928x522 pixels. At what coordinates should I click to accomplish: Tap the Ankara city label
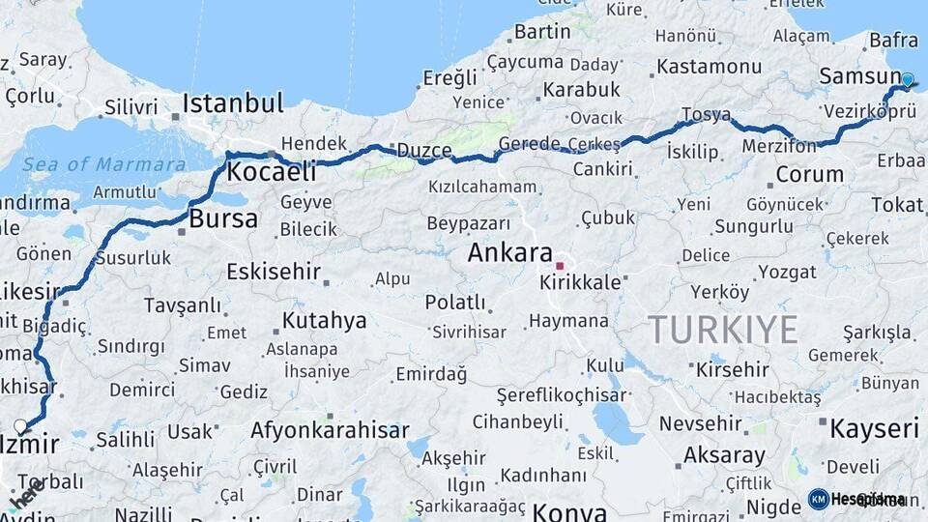(509, 253)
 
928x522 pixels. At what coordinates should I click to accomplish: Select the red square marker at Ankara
(559, 264)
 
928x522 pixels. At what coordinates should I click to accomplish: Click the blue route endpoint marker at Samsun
(908, 80)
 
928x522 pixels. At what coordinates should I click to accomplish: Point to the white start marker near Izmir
(21, 425)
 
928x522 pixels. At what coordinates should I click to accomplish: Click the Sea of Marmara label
(104, 164)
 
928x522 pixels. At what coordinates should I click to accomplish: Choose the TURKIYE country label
(723, 330)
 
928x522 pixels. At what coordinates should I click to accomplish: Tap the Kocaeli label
(272, 172)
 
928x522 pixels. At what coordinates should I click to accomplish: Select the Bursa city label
(223, 218)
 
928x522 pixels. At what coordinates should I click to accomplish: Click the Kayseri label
(874, 428)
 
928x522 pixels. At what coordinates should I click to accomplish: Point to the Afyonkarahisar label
(330, 429)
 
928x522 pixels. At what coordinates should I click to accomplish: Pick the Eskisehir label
(274, 272)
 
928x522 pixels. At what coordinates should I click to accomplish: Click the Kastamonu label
(709, 67)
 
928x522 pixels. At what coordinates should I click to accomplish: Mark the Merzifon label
(780, 145)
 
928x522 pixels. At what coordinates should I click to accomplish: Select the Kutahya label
(324, 320)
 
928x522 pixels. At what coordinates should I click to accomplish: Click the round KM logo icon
(818, 499)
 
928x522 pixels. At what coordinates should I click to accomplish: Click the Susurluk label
(133, 257)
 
